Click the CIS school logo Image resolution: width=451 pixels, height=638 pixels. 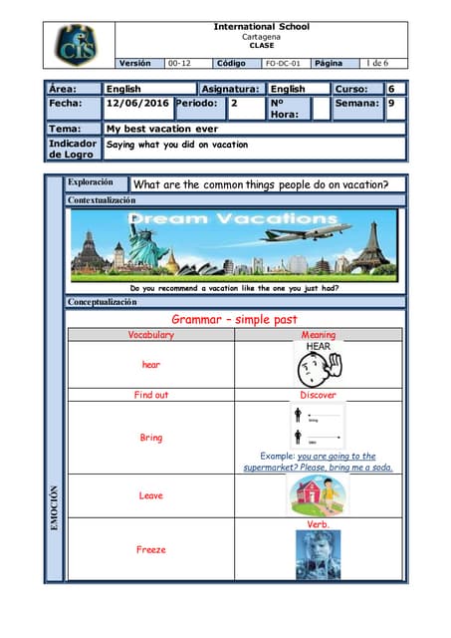tap(78, 45)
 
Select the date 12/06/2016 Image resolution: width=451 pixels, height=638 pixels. tap(138, 104)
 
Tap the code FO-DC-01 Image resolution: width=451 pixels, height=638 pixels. tap(282, 63)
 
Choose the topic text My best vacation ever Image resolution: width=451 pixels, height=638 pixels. tap(161, 129)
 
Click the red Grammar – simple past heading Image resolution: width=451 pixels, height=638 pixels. tap(234, 320)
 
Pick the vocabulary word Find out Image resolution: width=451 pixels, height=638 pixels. tap(151, 395)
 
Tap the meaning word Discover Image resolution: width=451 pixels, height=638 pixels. tap(319, 395)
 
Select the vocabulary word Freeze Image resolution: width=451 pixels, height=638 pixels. tap(151, 549)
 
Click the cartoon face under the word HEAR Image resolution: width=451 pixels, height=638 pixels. tap(318, 369)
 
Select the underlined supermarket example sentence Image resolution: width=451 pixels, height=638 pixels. tap(319, 462)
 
